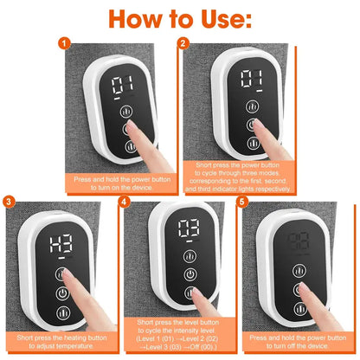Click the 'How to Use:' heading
click(x=181, y=18)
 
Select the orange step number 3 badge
click(x=10, y=202)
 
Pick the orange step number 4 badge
click(x=124, y=202)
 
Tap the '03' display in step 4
click(x=188, y=232)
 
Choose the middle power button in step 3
click(x=63, y=293)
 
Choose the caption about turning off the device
click(x=299, y=342)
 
